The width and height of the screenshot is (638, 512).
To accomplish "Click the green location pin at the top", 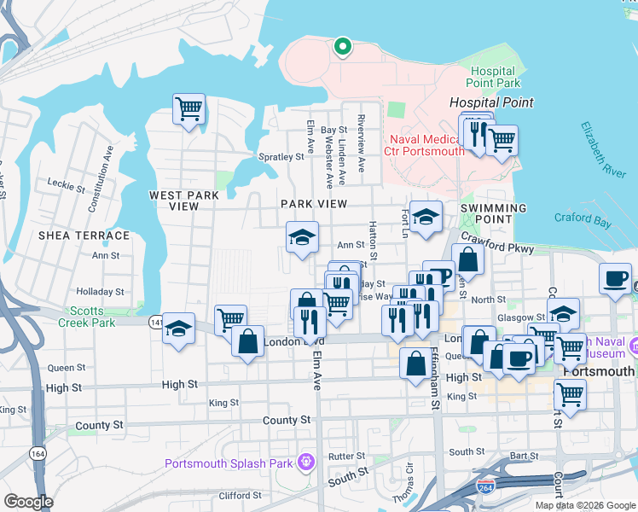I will pos(342,46).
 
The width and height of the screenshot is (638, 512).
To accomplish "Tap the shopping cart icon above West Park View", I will pos(188,109).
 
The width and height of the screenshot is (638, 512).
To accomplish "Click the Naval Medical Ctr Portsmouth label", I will pos(425,146).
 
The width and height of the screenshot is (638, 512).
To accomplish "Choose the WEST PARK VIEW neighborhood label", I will pos(183,201).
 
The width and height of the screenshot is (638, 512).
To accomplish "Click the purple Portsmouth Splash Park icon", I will pos(305,463).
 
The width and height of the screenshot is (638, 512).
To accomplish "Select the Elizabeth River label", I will pos(603,148).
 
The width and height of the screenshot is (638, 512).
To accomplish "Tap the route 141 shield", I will pos(156,322).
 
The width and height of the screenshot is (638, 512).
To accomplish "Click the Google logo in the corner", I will pos(29,502).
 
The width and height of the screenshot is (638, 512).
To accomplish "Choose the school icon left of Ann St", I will pos(301,239).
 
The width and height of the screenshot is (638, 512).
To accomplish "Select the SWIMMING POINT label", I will pos(493,213).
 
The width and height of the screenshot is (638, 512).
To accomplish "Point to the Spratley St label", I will pos(281,157).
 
